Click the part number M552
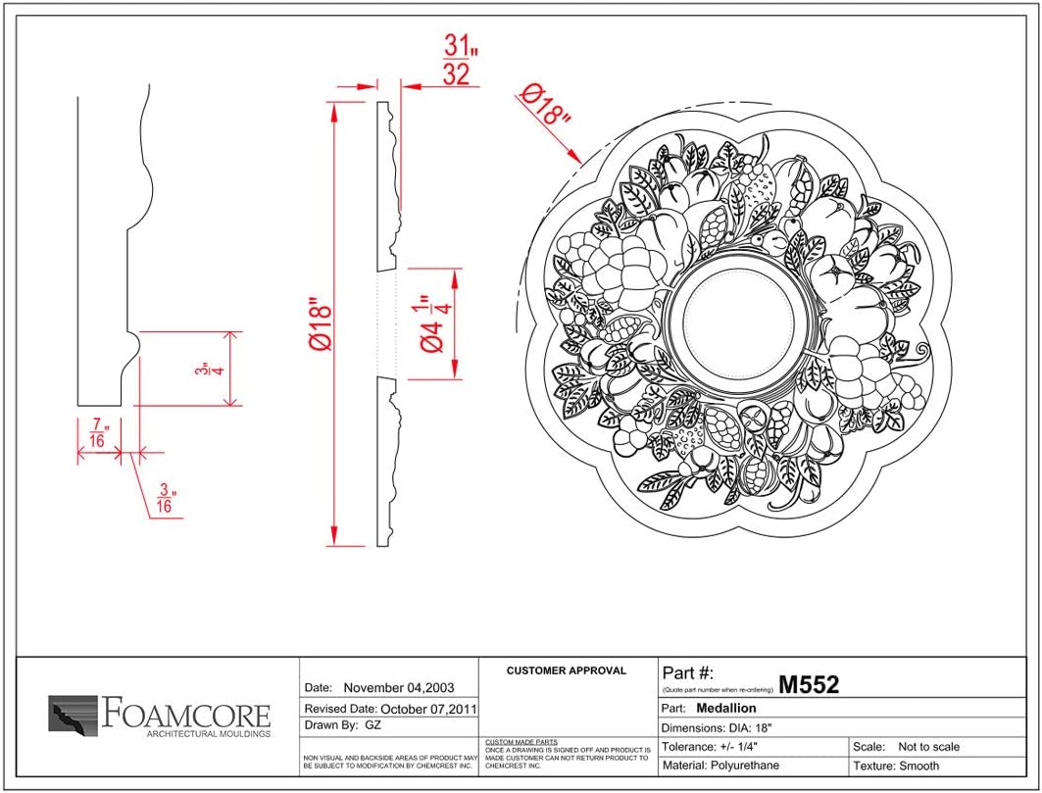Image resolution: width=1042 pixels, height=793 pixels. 809,684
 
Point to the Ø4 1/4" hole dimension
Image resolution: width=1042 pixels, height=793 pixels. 436,322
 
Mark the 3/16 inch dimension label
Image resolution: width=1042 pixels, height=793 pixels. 164,498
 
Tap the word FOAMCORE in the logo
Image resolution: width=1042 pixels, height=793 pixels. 185,713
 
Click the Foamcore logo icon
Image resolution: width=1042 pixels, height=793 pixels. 73,715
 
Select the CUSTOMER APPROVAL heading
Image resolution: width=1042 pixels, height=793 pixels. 566,671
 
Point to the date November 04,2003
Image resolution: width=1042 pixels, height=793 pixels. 398,688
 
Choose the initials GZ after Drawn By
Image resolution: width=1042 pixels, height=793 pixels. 372,726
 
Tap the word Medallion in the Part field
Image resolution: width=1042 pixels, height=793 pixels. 725,708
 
